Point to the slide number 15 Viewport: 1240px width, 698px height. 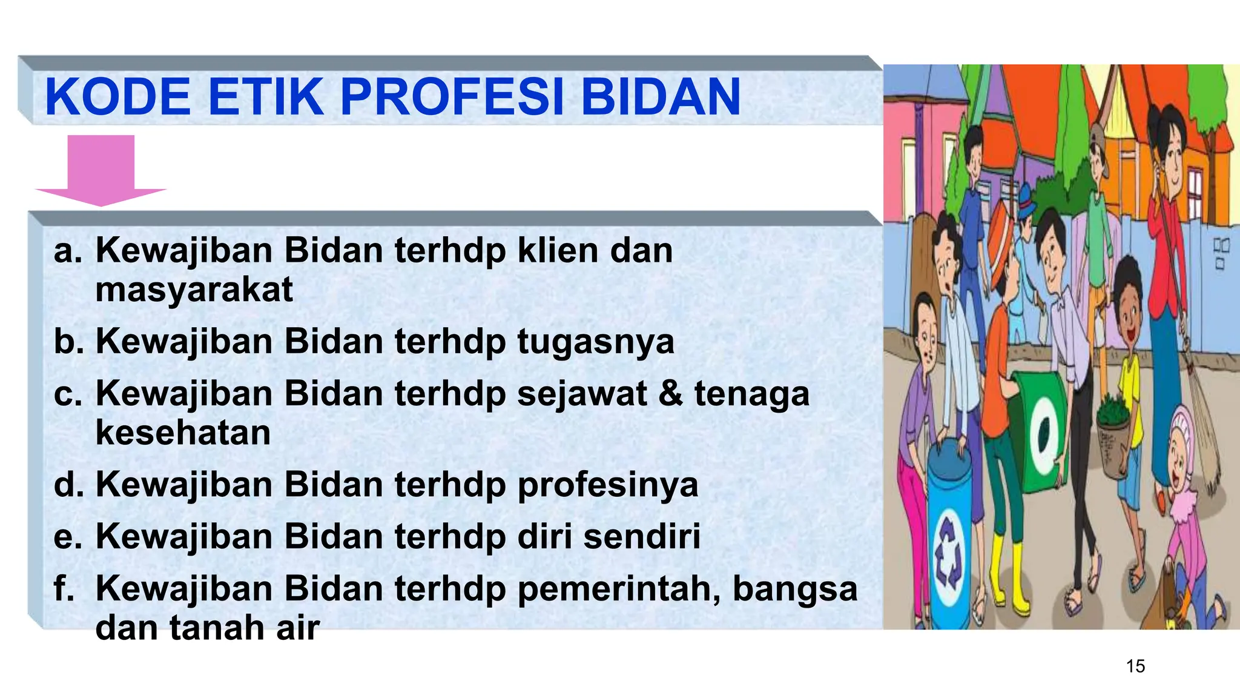(x=1135, y=666)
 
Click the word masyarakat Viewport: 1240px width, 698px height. (x=194, y=290)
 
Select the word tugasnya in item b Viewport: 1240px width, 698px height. (x=596, y=342)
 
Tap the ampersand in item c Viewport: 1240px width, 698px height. (x=670, y=393)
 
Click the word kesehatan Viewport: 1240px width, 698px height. (x=183, y=433)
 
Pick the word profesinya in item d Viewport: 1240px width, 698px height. (x=607, y=485)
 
